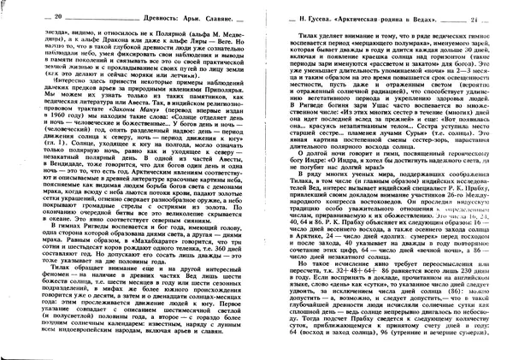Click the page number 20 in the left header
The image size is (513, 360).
(x=34, y=17)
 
